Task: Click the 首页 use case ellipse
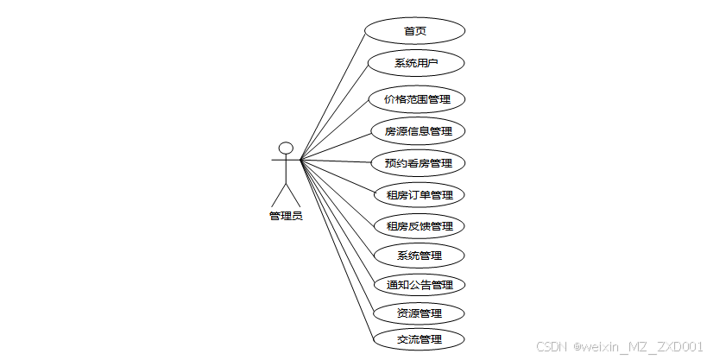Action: click(415, 31)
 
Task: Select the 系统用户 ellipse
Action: click(417, 63)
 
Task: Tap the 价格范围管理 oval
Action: click(418, 99)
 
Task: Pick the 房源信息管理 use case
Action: click(419, 131)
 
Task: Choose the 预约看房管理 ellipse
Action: click(419, 162)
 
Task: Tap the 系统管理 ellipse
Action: click(420, 256)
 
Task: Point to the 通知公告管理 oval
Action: click(420, 284)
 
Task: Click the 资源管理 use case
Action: click(420, 313)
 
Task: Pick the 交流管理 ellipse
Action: click(420, 339)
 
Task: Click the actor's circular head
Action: click(286, 148)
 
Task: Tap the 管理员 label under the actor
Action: click(286, 216)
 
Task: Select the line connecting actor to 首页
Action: click(333, 95)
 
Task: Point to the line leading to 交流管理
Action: click(337, 249)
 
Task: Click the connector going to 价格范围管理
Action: click(337, 129)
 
